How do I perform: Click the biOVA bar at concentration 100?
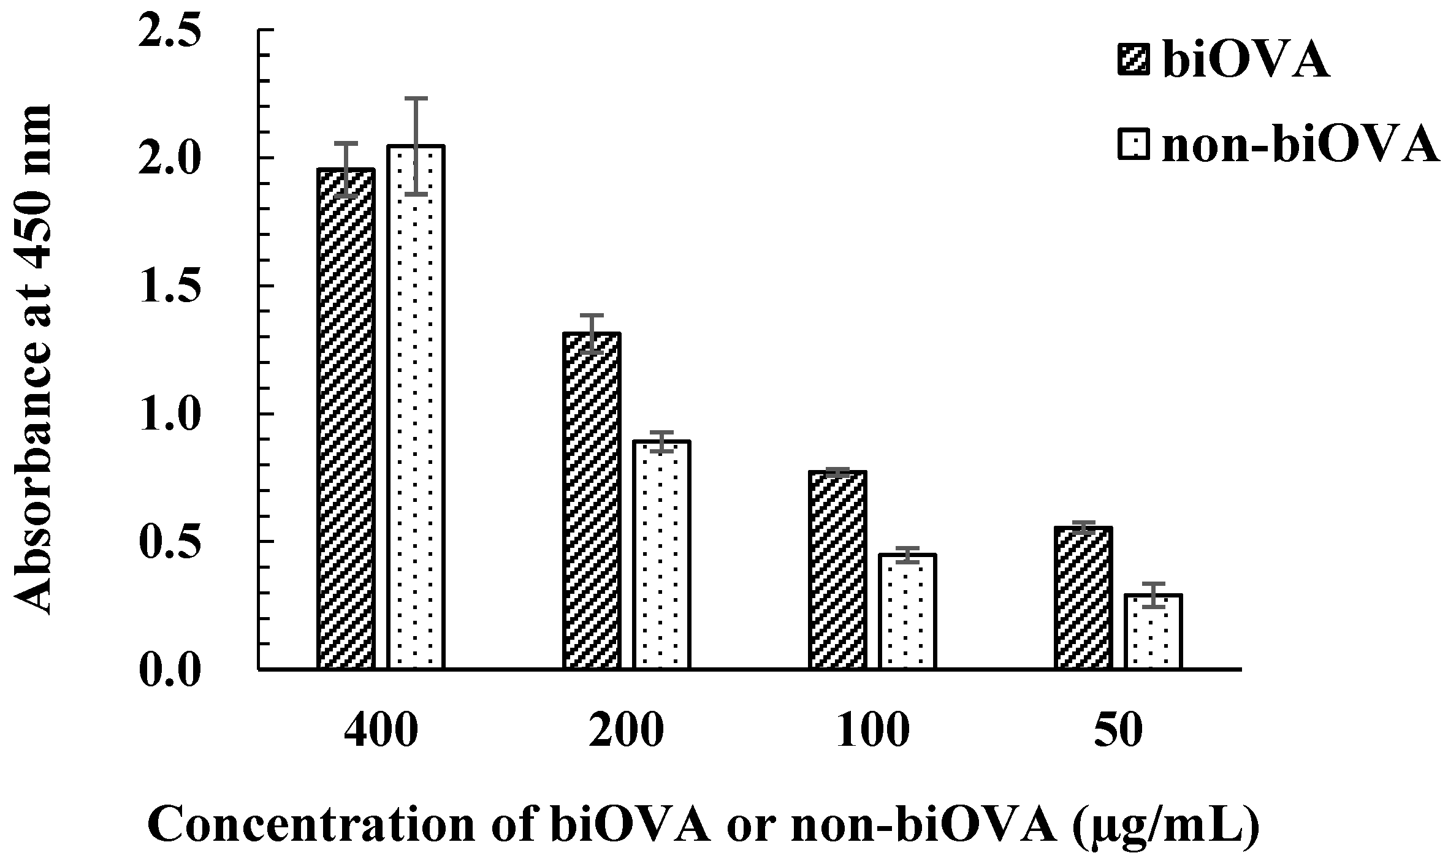[837, 569]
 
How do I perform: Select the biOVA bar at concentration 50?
[1083, 597]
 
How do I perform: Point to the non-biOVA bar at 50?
[1154, 631]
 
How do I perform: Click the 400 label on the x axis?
[381, 733]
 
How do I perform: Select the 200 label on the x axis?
[627, 733]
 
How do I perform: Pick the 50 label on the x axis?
[1118, 733]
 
